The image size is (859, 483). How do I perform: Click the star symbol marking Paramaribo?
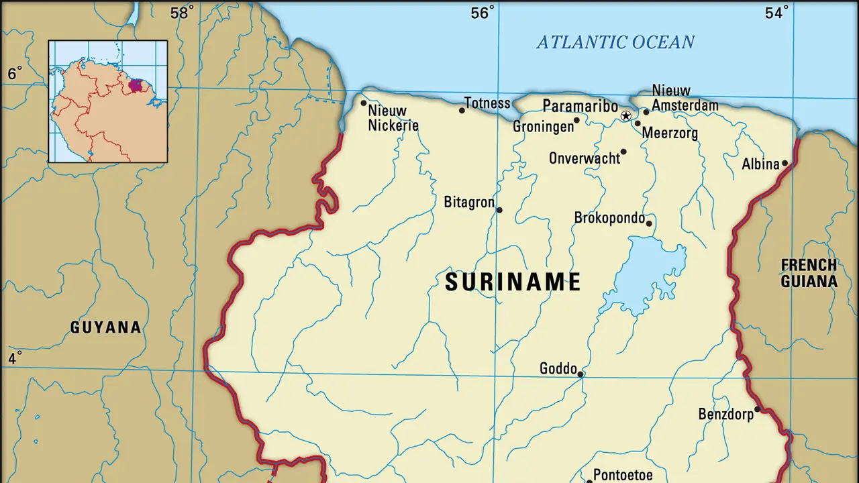(626, 116)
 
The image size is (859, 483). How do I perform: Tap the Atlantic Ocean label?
(615, 42)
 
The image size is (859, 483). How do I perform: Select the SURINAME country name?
(513, 282)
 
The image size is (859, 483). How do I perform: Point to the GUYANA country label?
(106, 327)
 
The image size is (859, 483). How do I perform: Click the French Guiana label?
(809, 273)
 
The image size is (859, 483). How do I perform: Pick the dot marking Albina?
(785, 163)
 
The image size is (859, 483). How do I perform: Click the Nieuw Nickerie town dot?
(364, 103)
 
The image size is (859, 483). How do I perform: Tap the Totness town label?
(488, 103)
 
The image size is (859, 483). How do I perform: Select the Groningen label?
(543, 126)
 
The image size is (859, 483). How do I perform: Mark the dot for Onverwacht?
(623, 152)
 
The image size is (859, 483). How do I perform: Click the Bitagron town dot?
(499, 210)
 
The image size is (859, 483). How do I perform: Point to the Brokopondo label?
(609, 218)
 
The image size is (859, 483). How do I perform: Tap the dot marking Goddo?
(580, 374)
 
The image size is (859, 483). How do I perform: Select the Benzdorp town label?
(725, 414)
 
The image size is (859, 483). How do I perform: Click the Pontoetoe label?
(623, 475)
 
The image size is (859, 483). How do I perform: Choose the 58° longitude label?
(182, 12)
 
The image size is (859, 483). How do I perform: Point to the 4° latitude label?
(15, 358)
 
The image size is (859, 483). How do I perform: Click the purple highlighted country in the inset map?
(136, 85)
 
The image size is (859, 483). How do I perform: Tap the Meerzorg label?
(670, 133)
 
